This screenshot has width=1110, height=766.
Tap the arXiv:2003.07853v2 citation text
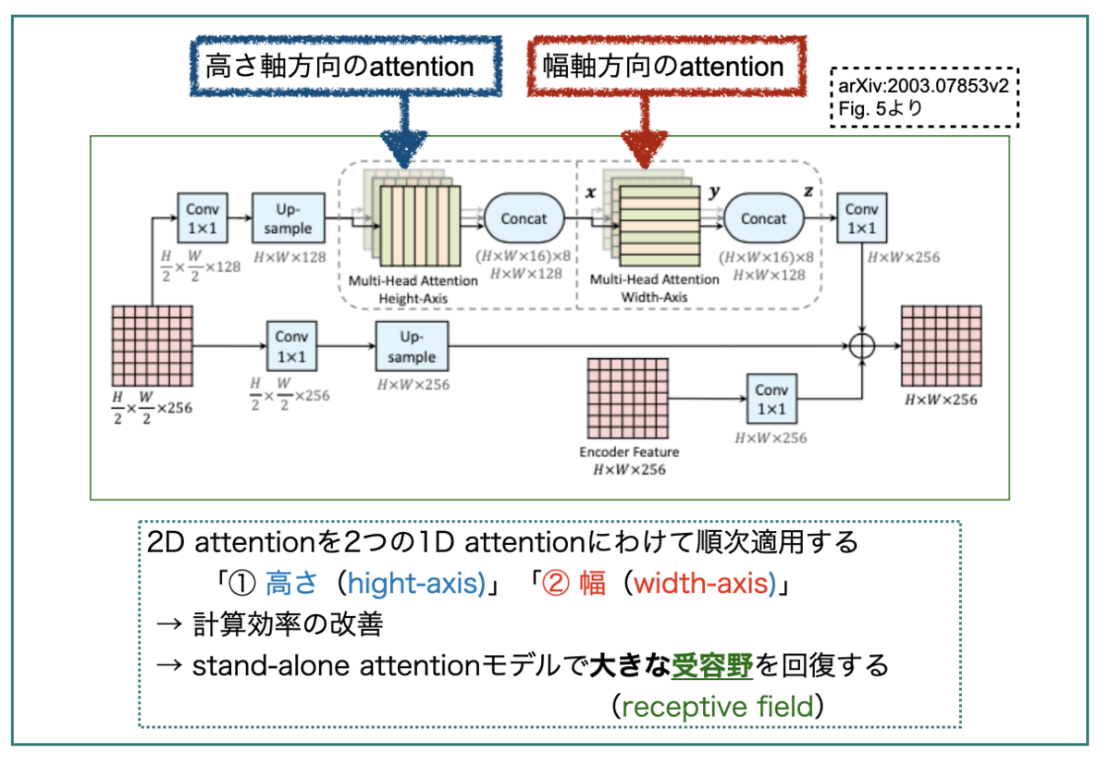[923, 86]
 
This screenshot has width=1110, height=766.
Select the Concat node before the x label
[524, 218]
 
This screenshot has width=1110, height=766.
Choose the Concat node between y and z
[764, 218]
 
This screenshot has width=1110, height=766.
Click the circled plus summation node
[862, 346]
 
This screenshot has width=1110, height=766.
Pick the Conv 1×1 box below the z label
[862, 218]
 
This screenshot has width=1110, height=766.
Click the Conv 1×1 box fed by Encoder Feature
[771, 399]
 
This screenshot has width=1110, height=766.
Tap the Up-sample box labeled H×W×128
[288, 218]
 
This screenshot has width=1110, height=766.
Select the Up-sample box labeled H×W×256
[412, 346]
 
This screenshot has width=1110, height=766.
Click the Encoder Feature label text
[629, 451]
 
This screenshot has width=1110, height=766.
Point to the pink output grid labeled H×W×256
[941, 346]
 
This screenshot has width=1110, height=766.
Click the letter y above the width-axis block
[714, 191]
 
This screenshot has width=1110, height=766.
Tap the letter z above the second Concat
[808, 191]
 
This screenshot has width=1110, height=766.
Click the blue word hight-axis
[415, 583]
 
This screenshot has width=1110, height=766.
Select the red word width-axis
[704, 583]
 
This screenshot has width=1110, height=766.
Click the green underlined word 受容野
[712, 665]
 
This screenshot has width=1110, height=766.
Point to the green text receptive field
[718, 707]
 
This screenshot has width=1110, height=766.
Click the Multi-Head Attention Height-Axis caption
[413, 290]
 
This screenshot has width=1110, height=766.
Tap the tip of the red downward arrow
[644, 168]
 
